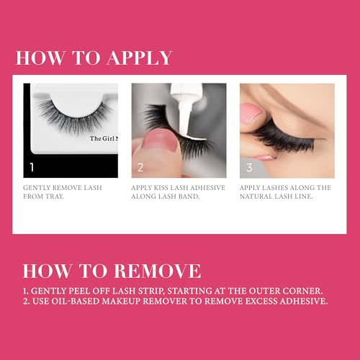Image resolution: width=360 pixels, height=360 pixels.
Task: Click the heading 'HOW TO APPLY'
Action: click(94, 58)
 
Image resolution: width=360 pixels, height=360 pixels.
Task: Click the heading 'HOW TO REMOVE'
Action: click(112, 271)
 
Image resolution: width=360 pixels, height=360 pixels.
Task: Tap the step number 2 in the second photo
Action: click(141, 168)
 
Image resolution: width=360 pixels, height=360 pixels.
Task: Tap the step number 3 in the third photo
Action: click(250, 168)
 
